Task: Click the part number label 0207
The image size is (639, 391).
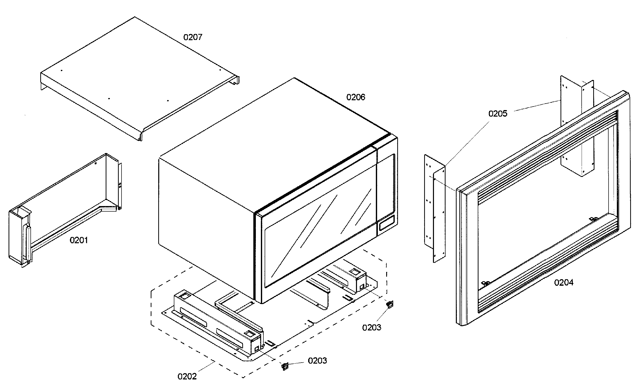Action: point(192,37)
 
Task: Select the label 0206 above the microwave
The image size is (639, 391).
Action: point(355,97)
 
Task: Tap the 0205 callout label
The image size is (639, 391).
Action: point(497,114)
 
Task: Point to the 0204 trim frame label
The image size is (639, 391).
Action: point(564,282)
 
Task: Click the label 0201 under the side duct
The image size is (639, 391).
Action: point(78,240)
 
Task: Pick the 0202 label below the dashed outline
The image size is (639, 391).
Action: point(187,376)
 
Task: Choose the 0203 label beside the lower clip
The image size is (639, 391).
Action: point(317,361)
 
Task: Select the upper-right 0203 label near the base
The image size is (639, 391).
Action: point(371,327)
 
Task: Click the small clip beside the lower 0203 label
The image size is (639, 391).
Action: point(285,366)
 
